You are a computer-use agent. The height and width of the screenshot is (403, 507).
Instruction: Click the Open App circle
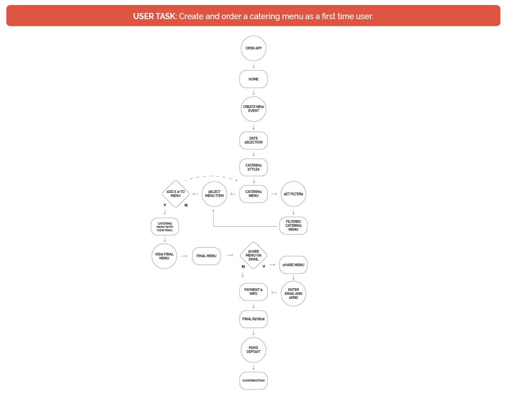click(x=254, y=49)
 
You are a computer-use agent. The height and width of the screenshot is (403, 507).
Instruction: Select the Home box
click(x=254, y=79)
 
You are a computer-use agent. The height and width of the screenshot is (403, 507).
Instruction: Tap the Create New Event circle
click(x=254, y=109)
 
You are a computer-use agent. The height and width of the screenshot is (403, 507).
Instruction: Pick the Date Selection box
click(x=254, y=140)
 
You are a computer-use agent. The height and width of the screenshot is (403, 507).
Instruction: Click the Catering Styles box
click(x=254, y=168)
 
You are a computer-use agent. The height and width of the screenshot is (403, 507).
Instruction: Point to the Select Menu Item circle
click(x=215, y=194)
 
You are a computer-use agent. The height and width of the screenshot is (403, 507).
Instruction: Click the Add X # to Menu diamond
click(x=176, y=194)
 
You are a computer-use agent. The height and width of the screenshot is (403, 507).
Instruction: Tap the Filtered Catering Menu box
click(x=293, y=226)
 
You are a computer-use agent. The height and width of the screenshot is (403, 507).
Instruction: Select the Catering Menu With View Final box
click(x=165, y=226)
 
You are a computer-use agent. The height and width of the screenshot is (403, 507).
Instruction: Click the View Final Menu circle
click(x=164, y=256)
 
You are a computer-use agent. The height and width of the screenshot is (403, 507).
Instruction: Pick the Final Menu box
click(x=206, y=256)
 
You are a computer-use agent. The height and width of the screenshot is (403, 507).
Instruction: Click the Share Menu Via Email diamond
click(x=253, y=256)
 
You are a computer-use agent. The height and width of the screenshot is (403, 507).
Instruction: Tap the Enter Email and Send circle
click(x=293, y=293)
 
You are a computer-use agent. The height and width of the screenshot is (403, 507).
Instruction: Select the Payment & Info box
click(x=253, y=292)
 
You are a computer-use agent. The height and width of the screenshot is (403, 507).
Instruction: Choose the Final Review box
click(x=253, y=319)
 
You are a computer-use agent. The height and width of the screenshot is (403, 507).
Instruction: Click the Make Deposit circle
click(x=253, y=350)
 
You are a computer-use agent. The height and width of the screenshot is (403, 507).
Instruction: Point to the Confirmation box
click(x=253, y=380)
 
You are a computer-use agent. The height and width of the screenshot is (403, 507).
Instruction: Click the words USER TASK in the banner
click(x=155, y=16)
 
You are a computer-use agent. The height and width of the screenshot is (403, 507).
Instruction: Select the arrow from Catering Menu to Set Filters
click(x=274, y=194)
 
